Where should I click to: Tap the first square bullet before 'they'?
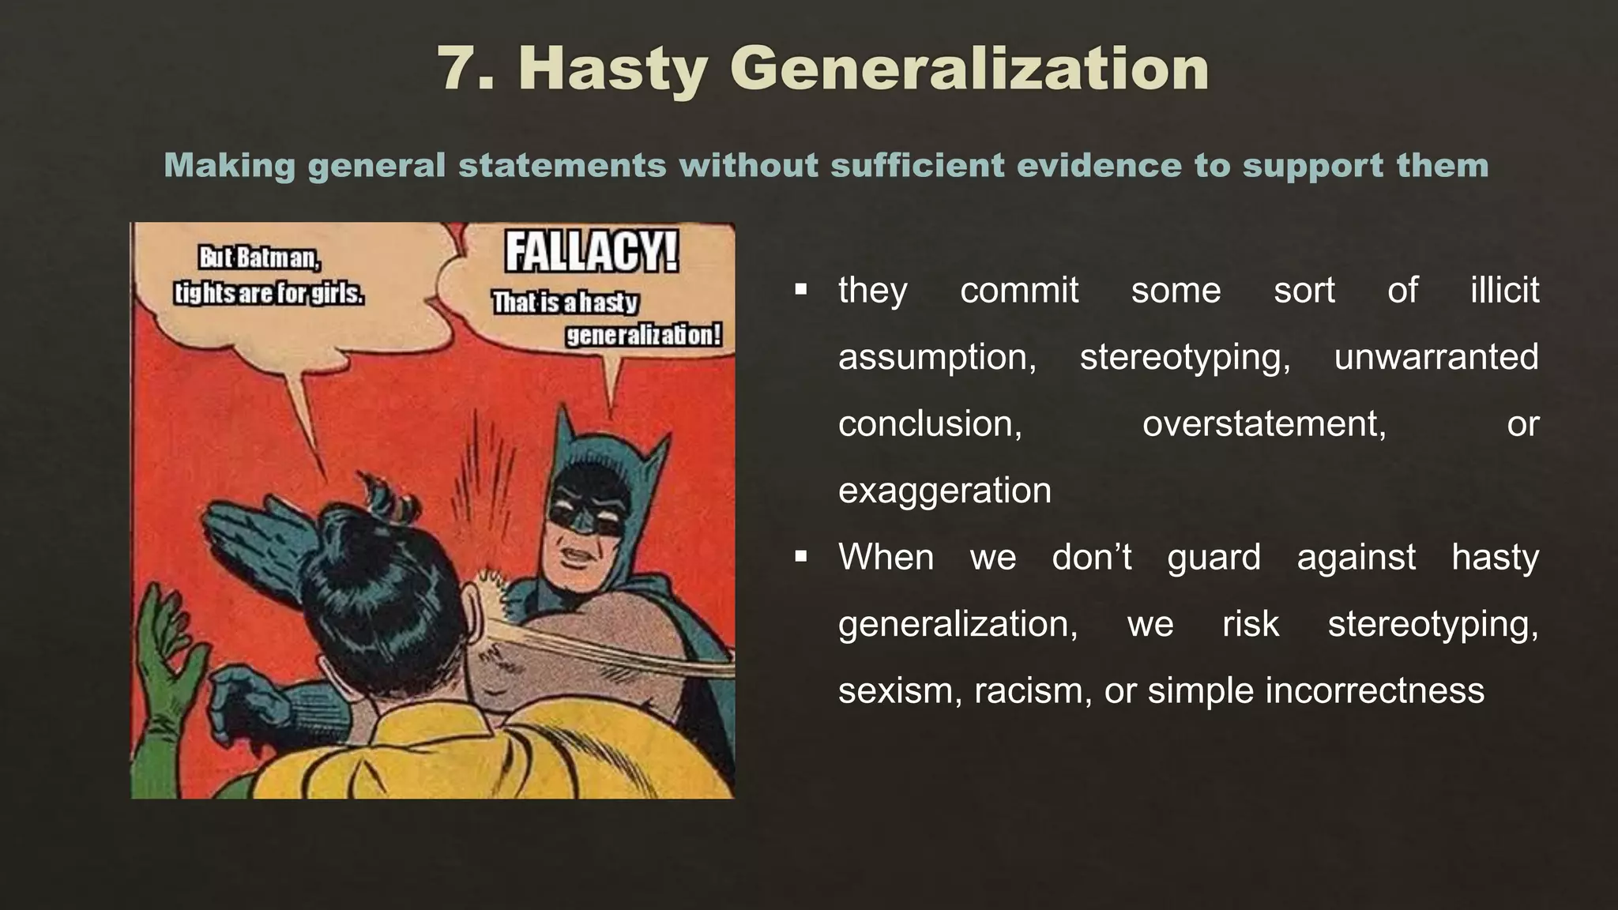pos(801,290)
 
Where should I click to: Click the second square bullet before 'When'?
pos(801,557)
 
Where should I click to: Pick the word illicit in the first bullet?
pos(1504,290)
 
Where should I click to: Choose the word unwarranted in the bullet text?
pos(1436,357)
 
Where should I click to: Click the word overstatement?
pos(1264,424)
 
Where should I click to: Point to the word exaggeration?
pos(944,491)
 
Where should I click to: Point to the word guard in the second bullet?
pos(1213,557)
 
